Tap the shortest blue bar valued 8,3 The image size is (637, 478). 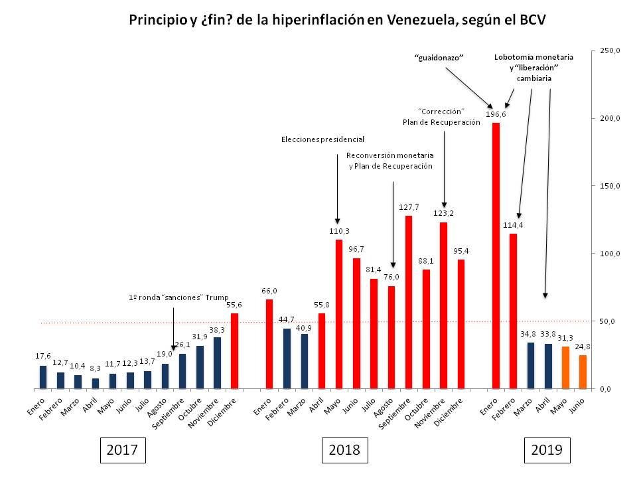point(95,383)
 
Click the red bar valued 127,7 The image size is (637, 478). point(409,302)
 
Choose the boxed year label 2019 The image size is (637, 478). point(547,449)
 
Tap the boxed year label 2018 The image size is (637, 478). point(344,449)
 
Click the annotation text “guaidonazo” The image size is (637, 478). point(438,58)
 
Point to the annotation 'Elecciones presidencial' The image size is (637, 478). point(323,139)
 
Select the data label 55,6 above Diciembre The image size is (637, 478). point(234,304)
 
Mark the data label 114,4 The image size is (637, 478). point(513,224)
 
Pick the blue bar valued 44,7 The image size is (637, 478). point(287,358)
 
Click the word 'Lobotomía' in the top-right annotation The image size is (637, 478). point(514,58)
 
